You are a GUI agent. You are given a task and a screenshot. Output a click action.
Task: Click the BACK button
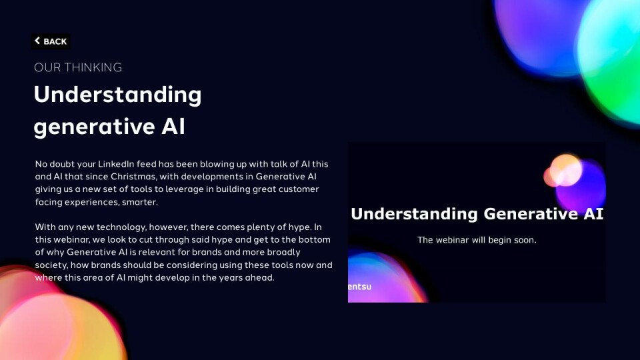coord(51,41)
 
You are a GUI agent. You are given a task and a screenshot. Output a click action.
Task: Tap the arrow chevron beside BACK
coord(37,41)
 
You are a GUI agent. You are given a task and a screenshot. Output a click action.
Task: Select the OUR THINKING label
coord(78,67)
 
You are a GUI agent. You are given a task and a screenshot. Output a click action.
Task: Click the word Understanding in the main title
coord(117,95)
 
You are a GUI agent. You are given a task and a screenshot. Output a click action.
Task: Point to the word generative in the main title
coord(94,126)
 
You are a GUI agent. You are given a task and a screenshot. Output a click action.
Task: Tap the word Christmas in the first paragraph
coord(133,177)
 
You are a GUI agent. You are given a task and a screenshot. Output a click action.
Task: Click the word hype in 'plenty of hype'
coord(299,227)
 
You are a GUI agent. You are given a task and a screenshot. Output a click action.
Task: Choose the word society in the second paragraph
coord(51,265)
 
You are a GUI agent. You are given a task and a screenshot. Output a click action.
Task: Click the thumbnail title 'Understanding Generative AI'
coord(477,214)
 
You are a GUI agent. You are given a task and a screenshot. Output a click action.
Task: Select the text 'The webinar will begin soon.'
coord(477,240)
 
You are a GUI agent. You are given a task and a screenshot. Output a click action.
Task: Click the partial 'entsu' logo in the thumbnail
coord(359,287)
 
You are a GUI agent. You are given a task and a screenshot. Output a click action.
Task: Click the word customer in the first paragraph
coord(299,189)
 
